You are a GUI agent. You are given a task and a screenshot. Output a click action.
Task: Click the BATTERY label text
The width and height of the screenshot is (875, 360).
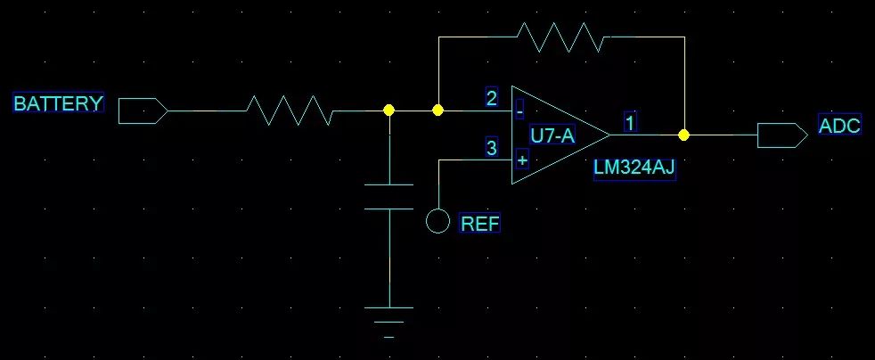pos(58,103)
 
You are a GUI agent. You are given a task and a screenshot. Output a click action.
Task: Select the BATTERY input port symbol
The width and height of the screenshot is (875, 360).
pos(142,110)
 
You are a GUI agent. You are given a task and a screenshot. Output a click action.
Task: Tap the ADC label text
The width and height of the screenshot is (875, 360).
pos(839,126)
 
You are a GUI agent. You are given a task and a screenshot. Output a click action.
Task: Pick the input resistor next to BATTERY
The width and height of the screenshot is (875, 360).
pos(290,110)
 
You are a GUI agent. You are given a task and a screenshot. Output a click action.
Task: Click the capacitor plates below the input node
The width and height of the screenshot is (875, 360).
pos(388,196)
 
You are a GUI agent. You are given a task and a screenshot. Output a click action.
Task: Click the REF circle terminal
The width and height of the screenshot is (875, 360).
pos(437,221)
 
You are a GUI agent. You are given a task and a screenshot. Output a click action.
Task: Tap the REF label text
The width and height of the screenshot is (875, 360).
pos(479,224)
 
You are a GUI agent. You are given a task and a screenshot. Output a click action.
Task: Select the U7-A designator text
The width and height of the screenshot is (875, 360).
pos(552,136)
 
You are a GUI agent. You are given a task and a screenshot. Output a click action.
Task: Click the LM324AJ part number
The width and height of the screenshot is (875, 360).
pos(634,170)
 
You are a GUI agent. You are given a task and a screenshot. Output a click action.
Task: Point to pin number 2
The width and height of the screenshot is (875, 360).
pos(492,98)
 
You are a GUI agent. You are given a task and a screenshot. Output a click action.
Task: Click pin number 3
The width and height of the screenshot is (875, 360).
pos(492,148)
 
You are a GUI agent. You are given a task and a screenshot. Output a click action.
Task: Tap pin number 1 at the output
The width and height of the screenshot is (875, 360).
pos(630,123)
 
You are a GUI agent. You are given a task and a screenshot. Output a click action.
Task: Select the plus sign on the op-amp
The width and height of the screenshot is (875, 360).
pos(521,160)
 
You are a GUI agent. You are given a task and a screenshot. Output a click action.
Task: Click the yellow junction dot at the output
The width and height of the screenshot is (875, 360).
pos(683,135)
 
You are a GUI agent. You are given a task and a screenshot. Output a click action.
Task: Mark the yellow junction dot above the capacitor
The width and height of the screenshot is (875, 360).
pos(388,110)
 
